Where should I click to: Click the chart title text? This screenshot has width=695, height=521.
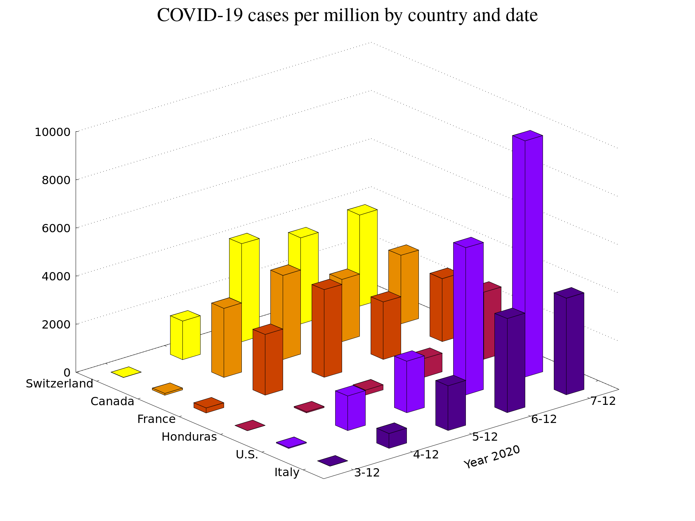347,16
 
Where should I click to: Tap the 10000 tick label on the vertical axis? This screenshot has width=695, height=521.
52,132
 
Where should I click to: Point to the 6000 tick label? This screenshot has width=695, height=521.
56,228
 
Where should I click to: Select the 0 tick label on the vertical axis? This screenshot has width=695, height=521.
67,372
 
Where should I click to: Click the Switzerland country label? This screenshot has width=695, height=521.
59,384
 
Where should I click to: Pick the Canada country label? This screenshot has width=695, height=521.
112,402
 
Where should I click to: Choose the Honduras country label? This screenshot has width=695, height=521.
189,437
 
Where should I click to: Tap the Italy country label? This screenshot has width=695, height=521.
287,473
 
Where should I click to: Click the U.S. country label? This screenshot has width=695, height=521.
247,455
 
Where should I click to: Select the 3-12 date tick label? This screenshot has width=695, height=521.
367,473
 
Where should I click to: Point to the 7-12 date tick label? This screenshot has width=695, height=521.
603,401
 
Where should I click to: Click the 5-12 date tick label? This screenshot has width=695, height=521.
485,437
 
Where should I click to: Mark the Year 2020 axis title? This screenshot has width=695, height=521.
492,457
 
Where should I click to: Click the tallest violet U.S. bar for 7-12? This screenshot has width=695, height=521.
527,253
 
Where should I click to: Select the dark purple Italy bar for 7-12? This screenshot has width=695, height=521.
569,344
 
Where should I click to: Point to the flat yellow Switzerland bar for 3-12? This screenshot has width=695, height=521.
126,372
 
